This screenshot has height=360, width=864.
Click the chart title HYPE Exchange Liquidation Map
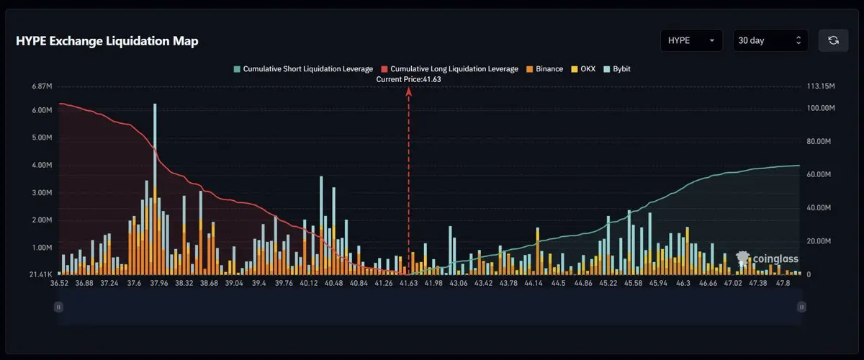pos(107,41)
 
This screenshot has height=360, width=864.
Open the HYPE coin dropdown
pos(691,40)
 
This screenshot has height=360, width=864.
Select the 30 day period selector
pos(769,40)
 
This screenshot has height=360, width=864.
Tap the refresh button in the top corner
pos(833,40)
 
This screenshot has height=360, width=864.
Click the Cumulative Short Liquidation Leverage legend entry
pos(303,69)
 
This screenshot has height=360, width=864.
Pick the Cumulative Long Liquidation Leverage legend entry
pos(449,69)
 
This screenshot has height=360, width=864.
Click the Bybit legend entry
pos(616,69)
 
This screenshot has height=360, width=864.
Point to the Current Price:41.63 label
pos(408,79)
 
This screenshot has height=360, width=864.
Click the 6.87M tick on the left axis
pos(42,86)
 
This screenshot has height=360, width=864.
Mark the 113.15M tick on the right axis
pos(821,86)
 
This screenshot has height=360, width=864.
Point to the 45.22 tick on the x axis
pos(608,284)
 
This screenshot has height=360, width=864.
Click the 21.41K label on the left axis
pos(41,275)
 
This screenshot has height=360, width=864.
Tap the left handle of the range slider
pos(58,307)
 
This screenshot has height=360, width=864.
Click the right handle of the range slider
pos(801,307)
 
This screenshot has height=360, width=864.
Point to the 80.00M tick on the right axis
pos(820,141)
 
